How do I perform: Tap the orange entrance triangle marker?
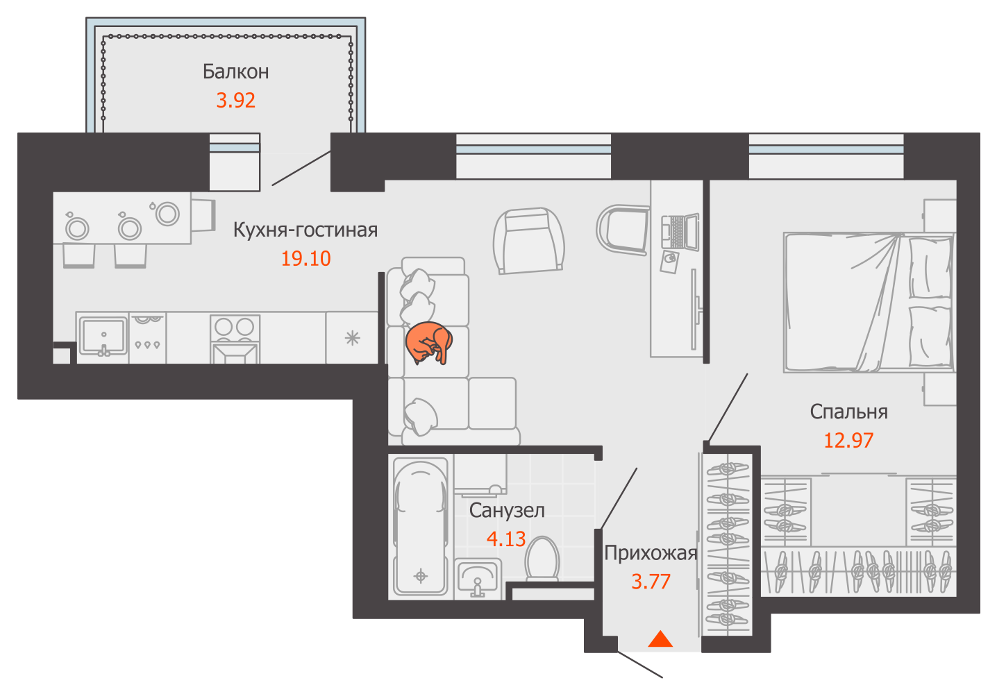tap(660, 639)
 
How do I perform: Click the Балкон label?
tap(235, 71)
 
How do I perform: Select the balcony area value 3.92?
tap(235, 101)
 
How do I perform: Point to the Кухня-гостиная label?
tap(305, 230)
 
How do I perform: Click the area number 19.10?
tap(305, 258)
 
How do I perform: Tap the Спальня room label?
tap(848, 412)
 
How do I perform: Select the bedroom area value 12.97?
tap(848, 441)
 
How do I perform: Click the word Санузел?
tap(507, 511)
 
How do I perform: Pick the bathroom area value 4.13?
tap(506, 539)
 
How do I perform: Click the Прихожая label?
tap(651, 554)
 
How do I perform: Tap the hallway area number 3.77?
tap(651, 582)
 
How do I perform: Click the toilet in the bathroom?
tap(542, 559)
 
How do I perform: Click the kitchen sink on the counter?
tap(103, 337)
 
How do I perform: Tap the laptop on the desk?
tap(680, 231)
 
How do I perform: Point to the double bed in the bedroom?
tap(869, 302)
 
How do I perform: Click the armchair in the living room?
tap(529, 241)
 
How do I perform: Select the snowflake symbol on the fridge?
tap(352, 339)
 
